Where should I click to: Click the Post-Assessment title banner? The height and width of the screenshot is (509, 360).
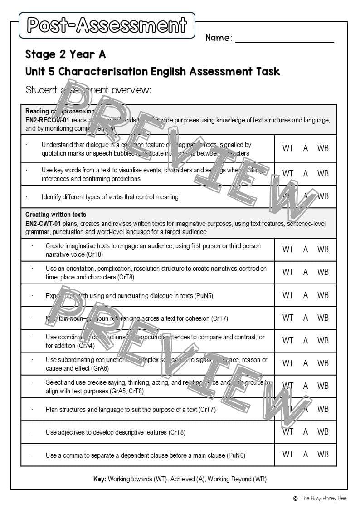tap(107, 25)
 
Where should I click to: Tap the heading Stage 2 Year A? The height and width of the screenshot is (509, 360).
tap(65, 54)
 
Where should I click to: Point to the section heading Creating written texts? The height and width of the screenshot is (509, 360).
tap(55, 215)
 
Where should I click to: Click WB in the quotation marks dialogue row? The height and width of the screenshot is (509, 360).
tap(323, 148)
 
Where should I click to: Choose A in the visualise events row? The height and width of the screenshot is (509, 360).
tap(306, 173)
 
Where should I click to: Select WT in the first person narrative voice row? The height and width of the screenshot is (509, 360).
tap(287, 249)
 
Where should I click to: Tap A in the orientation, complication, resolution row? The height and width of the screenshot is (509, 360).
tap(306, 272)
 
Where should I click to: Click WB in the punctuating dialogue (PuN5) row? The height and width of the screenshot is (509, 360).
tap(323, 295)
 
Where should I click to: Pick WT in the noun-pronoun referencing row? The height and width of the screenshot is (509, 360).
tap(287, 318)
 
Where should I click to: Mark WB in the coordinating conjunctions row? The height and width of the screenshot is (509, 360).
tap(323, 340)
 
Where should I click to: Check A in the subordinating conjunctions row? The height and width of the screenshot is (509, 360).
tap(306, 363)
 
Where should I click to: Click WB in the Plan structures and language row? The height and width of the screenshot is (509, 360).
tap(323, 409)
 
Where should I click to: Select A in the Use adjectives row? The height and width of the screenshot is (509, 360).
tap(306, 431)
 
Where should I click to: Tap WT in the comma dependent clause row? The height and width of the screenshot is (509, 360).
tap(287, 454)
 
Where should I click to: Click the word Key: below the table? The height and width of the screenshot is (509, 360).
tap(99, 479)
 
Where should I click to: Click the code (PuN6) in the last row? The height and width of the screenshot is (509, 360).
tap(236, 455)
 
